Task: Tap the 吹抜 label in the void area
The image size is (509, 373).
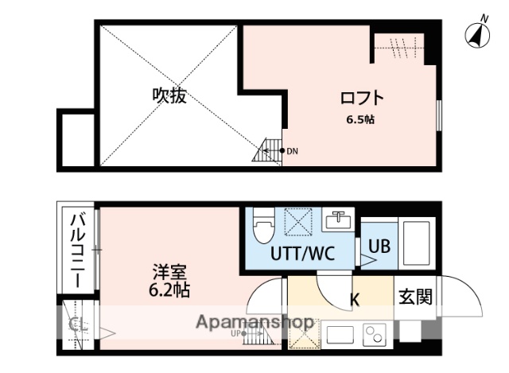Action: (169, 96)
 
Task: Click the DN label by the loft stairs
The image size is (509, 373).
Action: (292, 150)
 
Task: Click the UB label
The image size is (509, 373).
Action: (379, 247)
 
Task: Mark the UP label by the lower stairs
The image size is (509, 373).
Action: (235, 333)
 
